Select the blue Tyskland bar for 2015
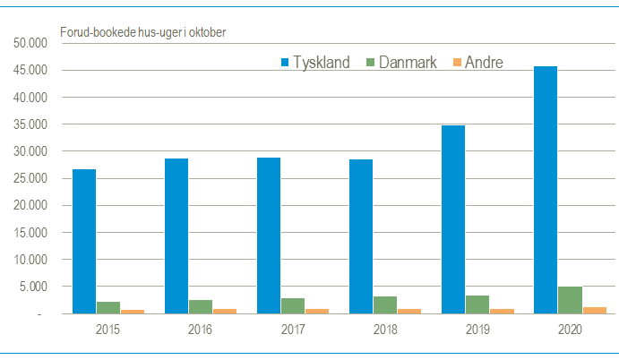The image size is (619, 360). click(84, 242)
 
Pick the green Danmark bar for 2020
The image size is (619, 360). click(569, 301)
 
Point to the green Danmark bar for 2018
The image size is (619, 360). click(385, 305)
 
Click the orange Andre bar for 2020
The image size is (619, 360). click(594, 311)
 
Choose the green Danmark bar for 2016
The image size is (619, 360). click(201, 307)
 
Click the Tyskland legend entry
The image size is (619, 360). click(314, 62)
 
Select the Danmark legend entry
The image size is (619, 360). click(401, 62)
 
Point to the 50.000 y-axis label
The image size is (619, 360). click(28, 43)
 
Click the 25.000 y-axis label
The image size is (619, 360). click(28, 179)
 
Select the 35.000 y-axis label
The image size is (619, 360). click(28, 124)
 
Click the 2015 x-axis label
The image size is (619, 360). click(108, 330)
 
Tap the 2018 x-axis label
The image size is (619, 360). click(384, 330)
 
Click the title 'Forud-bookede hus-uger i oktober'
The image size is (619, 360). click(142, 33)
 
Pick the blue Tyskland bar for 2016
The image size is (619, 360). click(176, 236)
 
